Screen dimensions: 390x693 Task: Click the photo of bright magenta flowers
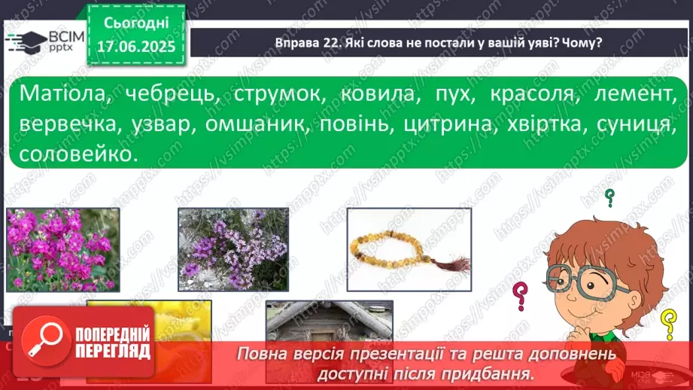tap(62, 249)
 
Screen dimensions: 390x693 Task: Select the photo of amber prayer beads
tap(409, 248)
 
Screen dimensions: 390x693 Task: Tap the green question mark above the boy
tap(609, 198)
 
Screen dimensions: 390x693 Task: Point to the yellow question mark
tap(667, 324)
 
